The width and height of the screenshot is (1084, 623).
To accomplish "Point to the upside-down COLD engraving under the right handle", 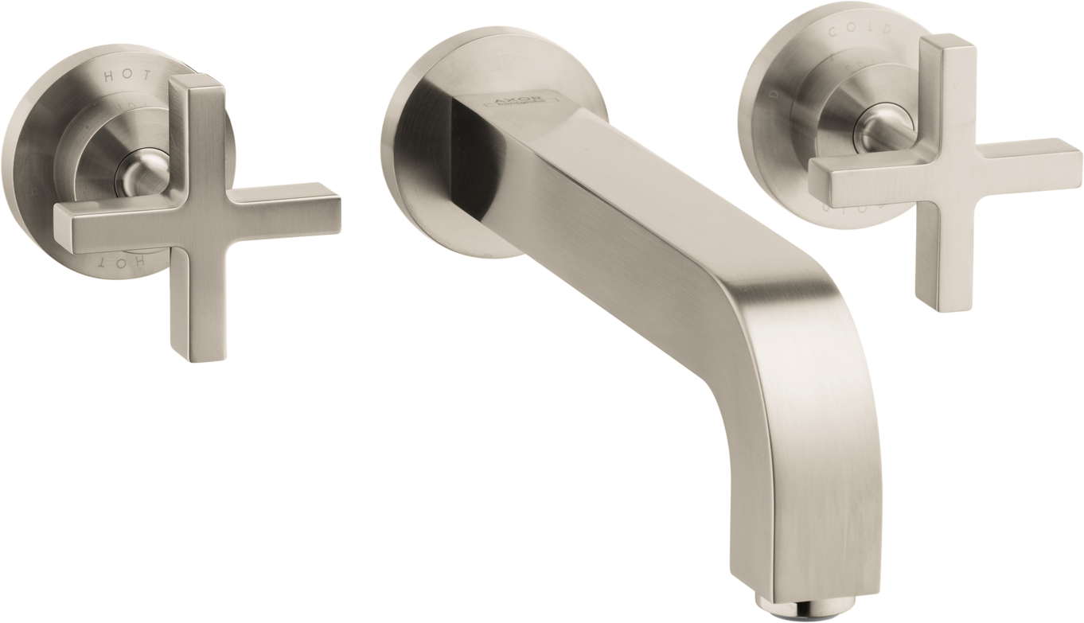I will point(844,209).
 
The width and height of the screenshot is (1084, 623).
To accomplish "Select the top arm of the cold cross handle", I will point(947,88).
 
